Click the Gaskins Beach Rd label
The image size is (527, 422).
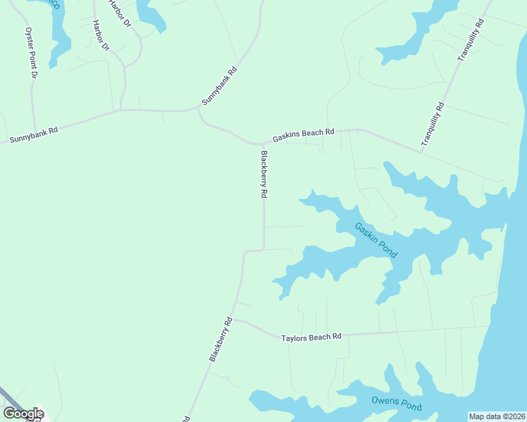(304, 134)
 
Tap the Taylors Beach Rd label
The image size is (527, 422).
(311, 338)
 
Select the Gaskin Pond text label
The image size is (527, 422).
(376, 241)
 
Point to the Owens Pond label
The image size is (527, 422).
(397, 404)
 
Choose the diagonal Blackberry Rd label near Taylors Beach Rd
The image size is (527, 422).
(221, 340)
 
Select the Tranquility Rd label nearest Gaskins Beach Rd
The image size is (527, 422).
(433, 124)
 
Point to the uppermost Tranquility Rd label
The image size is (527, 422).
(471, 40)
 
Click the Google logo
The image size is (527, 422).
(23, 414)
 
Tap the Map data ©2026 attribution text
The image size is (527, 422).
(496, 416)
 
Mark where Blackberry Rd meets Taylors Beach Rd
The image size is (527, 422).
(234, 319)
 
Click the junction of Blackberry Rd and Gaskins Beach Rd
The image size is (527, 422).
(263, 143)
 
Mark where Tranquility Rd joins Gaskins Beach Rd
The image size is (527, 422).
(421, 151)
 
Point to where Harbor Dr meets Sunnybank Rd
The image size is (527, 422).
(121, 110)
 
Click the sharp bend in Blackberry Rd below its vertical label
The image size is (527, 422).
(263, 248)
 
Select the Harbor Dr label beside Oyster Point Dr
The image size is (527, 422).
(101, 35)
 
